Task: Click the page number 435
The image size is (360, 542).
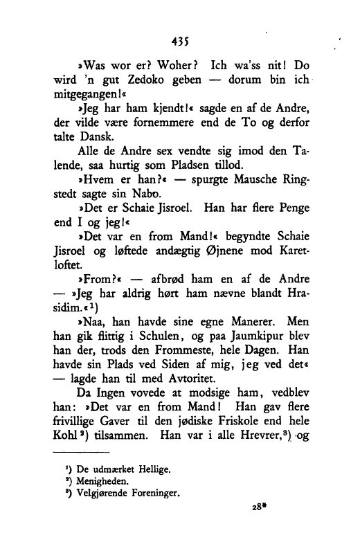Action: click(182, 41)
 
